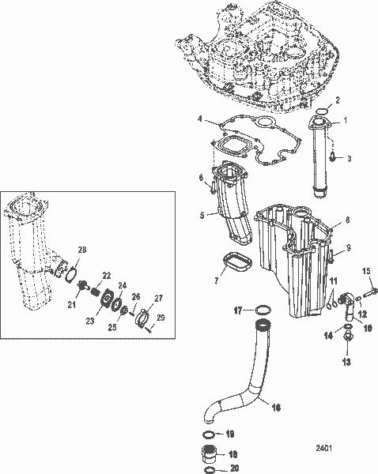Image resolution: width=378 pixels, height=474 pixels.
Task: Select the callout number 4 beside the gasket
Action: [201, 119]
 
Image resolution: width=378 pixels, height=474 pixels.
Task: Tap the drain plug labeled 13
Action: [345, 338]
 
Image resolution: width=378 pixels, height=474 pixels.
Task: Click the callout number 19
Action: [231, 434]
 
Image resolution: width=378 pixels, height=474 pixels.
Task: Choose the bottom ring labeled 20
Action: [209, 469]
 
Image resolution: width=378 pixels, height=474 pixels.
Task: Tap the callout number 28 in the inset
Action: [81, 250]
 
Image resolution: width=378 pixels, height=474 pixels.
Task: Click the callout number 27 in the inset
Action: [158, 298]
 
